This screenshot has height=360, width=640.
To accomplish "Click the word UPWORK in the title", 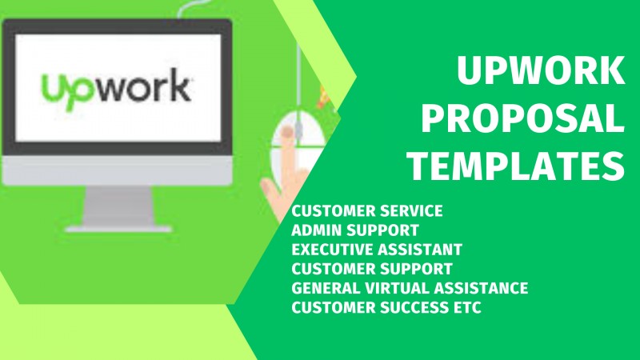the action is pos(541,70).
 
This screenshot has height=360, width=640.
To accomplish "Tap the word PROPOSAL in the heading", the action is pos(523,118).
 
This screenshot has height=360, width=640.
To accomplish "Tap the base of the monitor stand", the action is pos(118,229).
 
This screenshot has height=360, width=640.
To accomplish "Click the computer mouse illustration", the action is pos(298,141).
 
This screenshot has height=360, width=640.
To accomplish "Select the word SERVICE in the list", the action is pos(411,211).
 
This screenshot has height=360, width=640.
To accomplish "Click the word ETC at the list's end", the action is pos(467,307).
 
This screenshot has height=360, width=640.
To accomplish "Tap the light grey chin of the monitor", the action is pos(117,170).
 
